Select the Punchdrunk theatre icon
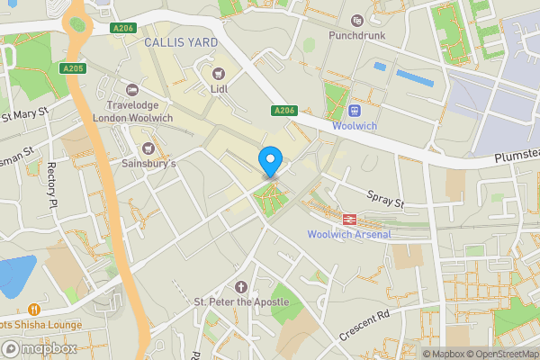[x=357, y=20]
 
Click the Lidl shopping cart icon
[x=216, y=73]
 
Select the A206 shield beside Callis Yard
[x=123, y=29]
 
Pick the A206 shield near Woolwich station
[x=281, y=110]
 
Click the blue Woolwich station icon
[x=355, y=111]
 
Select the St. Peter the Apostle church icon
[x=239, y=285]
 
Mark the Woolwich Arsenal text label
[x=349, y=235]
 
